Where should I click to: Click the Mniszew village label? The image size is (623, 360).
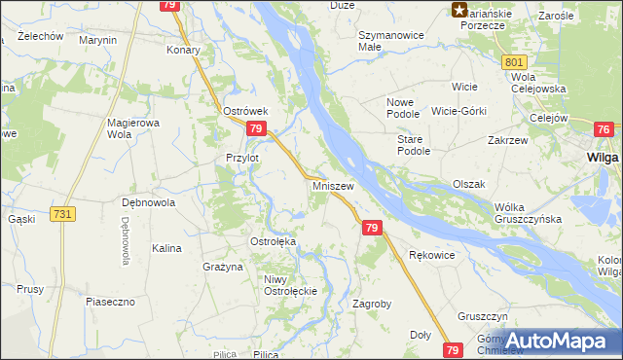tap(333, 184)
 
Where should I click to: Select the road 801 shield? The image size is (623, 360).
tap(516, 62)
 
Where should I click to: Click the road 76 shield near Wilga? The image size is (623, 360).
tap(605, 130)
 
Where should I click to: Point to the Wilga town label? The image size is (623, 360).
tap(605, 156)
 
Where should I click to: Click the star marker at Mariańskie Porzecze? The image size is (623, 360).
tap(459, 11)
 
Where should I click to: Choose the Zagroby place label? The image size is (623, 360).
tap(371, 304)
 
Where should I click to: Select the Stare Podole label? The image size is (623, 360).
tap(414, 145)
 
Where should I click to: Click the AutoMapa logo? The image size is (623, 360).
tap(558, 341)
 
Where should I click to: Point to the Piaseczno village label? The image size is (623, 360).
tap(110, 302)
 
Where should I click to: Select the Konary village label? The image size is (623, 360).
tap(183, 50)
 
